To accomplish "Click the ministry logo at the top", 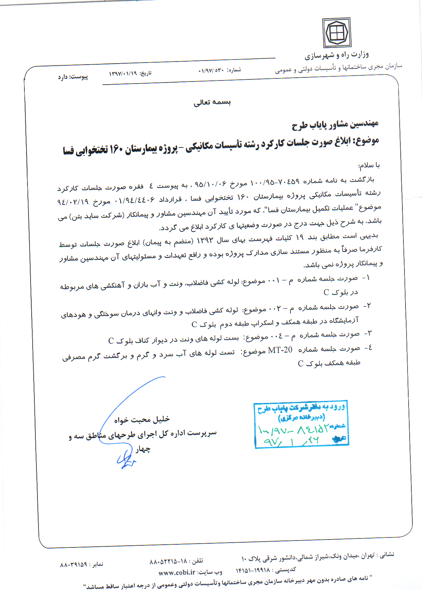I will (336, 33).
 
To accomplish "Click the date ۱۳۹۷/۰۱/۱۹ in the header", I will (123, 73).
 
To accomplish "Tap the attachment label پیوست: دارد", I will (73, 77).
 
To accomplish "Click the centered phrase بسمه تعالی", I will (212, 102).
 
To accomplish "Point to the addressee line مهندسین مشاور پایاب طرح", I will (335, 124).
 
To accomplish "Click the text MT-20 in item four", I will (280, 350).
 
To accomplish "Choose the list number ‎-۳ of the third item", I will (368, 334).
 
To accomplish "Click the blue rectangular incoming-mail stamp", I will (301, 424).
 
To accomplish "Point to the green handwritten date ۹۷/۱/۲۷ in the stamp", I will (291, 440).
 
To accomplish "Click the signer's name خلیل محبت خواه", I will (142, 419).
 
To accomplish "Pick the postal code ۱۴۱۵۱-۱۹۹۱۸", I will (253, 570).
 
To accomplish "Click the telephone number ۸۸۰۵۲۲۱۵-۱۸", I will (168, 562).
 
